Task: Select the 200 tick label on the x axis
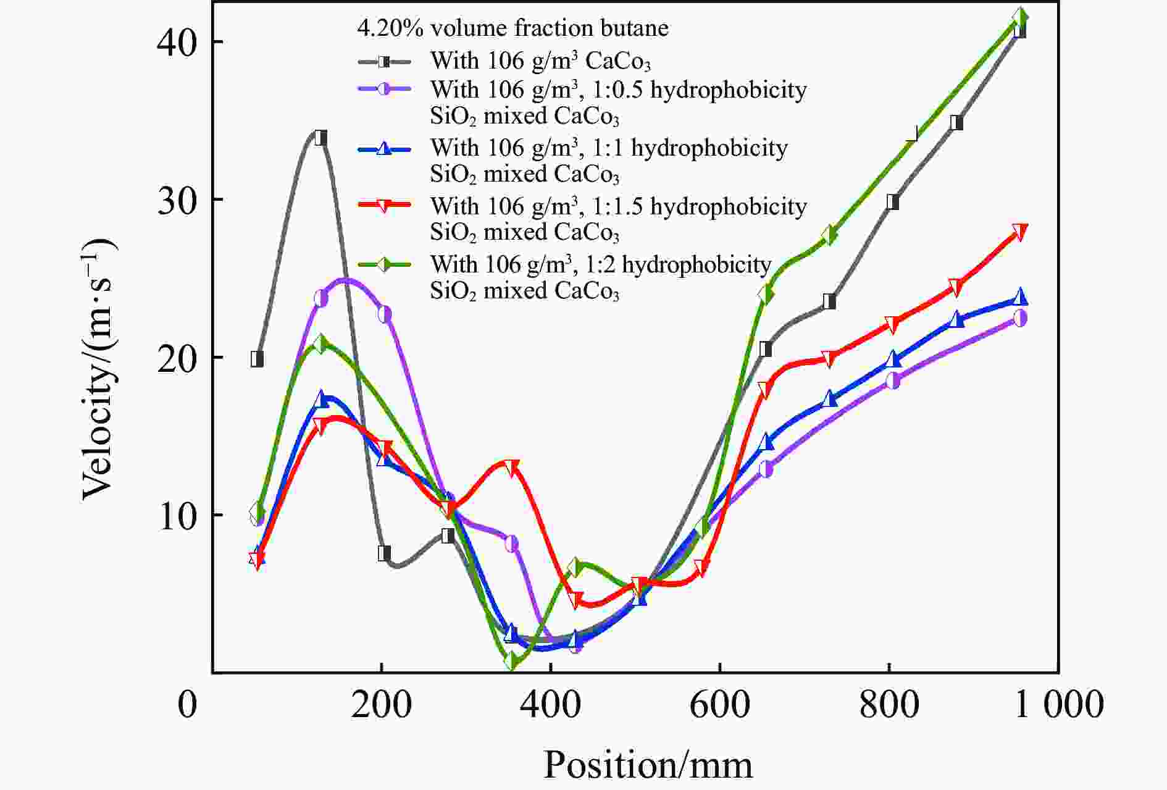coord(382,704)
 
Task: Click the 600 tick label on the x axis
coord(720,704)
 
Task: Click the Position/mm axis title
coord(648,765)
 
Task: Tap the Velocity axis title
coord(99,369)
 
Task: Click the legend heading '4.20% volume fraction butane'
coord(512,28)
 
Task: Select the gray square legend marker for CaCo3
coord(384,61)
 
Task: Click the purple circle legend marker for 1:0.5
coord(384,90)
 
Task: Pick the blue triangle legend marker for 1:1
coord(384,148)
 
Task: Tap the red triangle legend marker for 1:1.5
coord(384,206)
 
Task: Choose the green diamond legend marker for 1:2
coord(384,264)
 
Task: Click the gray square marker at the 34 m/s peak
coord(320,138)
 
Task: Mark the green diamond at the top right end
coord(1020,17)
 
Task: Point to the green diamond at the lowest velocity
coord(511,660)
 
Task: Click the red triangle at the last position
coord(1020,232)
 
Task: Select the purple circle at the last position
coord(1020,318)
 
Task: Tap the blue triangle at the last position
coord(1020,297)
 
